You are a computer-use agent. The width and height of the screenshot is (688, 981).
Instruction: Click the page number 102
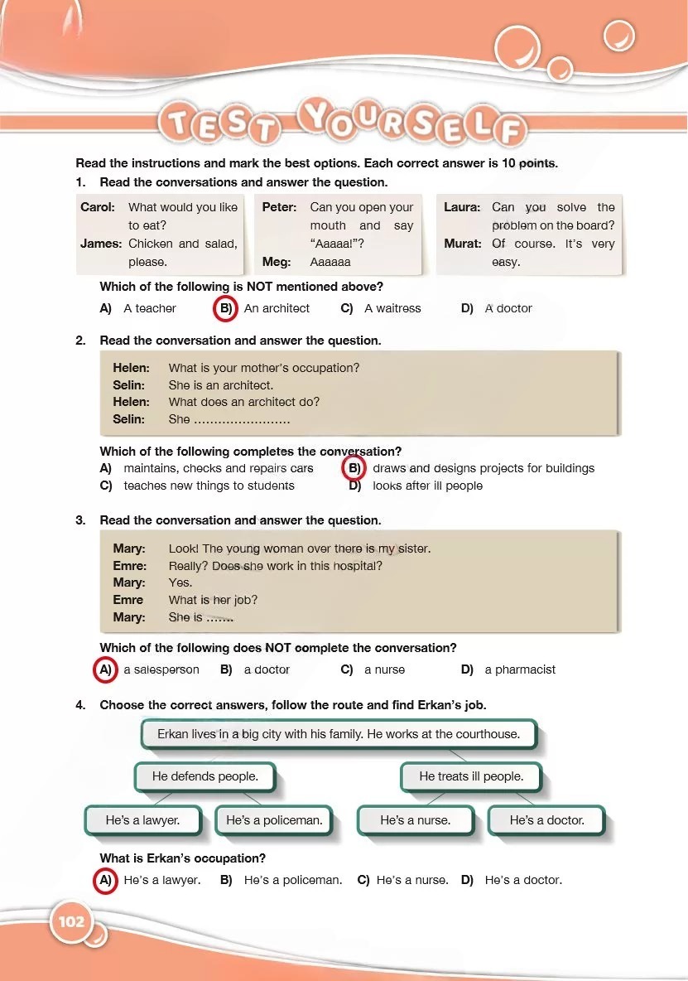click(x=72, y=920)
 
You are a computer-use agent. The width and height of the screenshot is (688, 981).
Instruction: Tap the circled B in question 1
click(x=225, y=308)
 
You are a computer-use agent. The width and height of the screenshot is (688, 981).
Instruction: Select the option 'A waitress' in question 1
click(x=392, y=308)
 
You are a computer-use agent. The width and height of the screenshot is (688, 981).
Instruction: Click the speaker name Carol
click(x=98, y=207)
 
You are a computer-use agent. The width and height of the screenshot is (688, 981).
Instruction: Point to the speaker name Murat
click(x=462, y=244)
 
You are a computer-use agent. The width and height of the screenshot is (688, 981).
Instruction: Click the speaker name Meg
click(x=277, y=262)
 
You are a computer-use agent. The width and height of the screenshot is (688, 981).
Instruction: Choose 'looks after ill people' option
click(x=427, y=486)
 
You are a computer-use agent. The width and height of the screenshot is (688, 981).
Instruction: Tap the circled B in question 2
click(x=354, y=468)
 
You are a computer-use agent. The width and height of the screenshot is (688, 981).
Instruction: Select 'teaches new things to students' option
click(x=209, y=486)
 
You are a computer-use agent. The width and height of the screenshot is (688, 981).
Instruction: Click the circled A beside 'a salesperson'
click(x=105, y=669)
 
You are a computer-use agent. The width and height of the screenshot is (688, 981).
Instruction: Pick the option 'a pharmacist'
click(x=520, y=669)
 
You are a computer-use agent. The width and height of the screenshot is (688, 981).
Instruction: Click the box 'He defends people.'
click(x=204, y=777)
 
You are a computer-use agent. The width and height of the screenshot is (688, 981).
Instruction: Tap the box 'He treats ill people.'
click(x=471, y=777)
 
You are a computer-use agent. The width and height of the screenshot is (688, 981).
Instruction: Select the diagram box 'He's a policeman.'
click(x=274, y=820)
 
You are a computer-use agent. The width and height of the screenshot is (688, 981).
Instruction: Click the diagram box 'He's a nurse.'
click(x=415, y=820)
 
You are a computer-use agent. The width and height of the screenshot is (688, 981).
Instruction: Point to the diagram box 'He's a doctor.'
click(x=546, y=820)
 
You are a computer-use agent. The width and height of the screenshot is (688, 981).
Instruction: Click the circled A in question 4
click(x=105, y=880)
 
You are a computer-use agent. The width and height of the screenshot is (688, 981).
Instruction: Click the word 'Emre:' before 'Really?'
click(x=129, y=566)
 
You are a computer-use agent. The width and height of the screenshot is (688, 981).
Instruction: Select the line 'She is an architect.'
click(x=220, y=385)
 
